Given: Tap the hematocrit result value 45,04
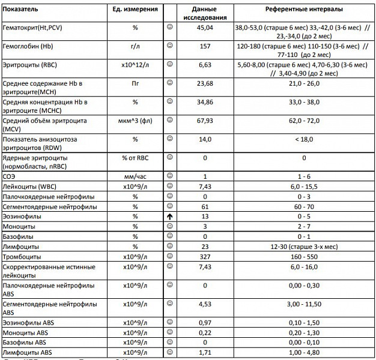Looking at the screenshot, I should [x=205, y=28].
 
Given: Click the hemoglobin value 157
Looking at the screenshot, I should [x=205, y=46].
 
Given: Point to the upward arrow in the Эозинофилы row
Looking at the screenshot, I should [x=171, y=216].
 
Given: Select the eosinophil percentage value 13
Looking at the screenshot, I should [x=205, y=216].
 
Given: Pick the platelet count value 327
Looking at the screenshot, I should [x=205, y=257].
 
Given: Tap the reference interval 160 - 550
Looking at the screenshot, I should [x=304, y=257].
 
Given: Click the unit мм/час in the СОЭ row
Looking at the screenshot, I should [x=135, y=176].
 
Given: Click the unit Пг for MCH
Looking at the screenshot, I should [x=135, y=83].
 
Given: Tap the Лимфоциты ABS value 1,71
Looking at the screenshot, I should [x=205, y=353].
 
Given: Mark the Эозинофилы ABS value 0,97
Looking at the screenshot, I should [x=205, y=323].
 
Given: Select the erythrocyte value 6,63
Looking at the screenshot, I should [x=205, y=64].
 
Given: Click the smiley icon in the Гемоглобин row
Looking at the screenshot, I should [x=171, y=45].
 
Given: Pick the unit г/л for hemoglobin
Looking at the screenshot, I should [x=135, y=46].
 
